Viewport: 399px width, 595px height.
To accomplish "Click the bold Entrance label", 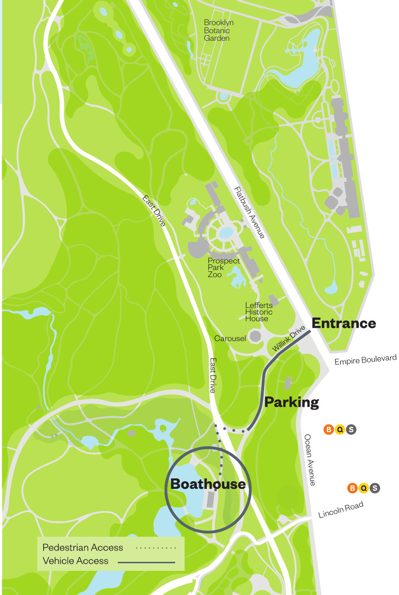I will point(344,324).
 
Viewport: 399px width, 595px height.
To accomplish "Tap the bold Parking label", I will point(292,403).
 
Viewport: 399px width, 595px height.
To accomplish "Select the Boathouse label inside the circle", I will point(208,484).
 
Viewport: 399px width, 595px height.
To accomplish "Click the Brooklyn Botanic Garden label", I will point(219,30).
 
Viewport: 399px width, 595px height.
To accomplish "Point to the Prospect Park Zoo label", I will point(223,268).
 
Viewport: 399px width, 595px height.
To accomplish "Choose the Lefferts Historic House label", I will point(258,312).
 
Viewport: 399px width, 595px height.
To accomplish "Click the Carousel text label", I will point(230,339).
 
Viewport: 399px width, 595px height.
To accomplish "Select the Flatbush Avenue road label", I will point(249,212).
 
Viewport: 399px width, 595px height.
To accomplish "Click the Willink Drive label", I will point(289,339).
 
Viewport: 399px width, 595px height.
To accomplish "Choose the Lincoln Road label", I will point(341,510).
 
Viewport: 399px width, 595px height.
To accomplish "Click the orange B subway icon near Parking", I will point(328,430).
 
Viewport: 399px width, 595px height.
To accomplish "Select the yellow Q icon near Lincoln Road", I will point(364,488).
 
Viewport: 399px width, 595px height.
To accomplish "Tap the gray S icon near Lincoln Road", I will point(375,488).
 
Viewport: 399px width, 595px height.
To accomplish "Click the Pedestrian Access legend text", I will point(83,548).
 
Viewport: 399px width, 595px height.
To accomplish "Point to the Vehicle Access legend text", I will point(76,561).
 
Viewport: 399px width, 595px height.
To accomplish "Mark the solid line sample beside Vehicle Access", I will point(146,562).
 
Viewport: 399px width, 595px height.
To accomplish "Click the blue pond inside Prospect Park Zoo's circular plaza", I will point(226,233).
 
